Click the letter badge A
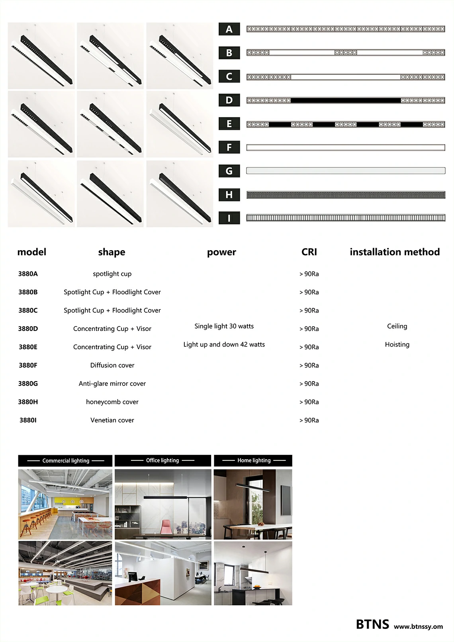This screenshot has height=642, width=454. [x=229, y=29]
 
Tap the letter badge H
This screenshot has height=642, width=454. [x=229, y=195]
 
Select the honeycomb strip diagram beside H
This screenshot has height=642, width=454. [x=346, y=195]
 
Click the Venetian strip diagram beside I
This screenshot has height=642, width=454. [x=346, y=218]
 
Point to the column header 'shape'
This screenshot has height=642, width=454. [x=112, y=252]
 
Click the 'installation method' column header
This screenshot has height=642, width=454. [x=395, y=252]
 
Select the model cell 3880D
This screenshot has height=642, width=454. [x=28, y=329]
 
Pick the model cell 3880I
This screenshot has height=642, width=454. [x=28, y=420]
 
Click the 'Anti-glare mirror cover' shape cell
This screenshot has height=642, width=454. [x=112, y=384]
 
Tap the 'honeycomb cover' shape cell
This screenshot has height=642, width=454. [x=112, y=402]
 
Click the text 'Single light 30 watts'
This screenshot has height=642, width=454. [x=224, y=326]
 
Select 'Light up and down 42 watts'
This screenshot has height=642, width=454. [x=224, y=344]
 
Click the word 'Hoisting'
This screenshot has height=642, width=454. [x=397, y=344]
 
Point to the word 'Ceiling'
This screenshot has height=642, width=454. [x=397, y=326]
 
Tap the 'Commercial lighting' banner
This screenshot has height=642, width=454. [x=65, y=461]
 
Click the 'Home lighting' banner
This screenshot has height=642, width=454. [x=254, y=460]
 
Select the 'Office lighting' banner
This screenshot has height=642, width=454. [x=162, y=460]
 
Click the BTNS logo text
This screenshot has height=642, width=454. [x=372, y=624]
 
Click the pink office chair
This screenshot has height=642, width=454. [x=166, y=528]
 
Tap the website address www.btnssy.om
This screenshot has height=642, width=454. [x=418, y=626]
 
